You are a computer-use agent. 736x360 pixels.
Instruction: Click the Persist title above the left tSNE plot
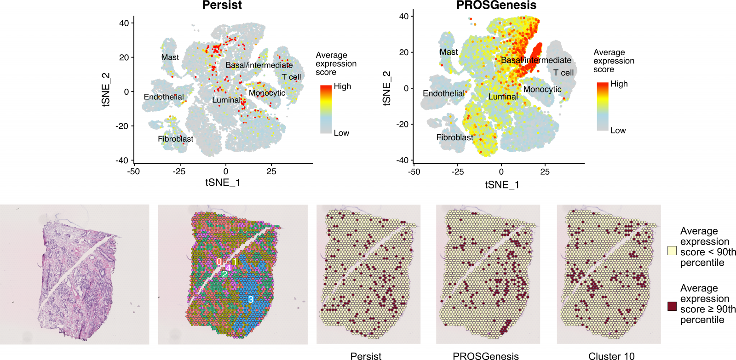pyautogui.click(x=222, y=6)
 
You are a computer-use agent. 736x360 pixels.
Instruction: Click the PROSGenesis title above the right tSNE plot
pyautogui.click(x=496, y=6)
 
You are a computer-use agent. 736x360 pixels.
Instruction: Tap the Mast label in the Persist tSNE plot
pyautogui.click(x=170, y=57)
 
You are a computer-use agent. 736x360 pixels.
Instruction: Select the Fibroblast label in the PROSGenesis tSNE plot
pyautogui.click(x=454, y=137)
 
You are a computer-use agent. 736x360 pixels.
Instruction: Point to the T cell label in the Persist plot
pyautogui.click(x=291, y=77)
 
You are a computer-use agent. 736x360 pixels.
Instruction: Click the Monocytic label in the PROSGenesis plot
pyautogui.click(x=542, y=89)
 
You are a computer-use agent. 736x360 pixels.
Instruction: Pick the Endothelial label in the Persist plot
pyautogui.click(x=164, y=97)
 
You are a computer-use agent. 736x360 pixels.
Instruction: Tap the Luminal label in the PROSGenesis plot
pyautogui.click(x=503, y=97)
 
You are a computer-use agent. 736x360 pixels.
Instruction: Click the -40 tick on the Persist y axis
pyautogui.click(x=122, y=160)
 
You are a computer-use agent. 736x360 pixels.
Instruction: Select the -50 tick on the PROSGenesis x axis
pyautogui.click(x=414, y=172)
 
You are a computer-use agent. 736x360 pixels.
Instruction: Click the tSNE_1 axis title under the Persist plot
pyautogui.click(x=223, y=183)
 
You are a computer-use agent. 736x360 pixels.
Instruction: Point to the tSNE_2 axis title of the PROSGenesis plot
pyautogui.click(x=386, y=88)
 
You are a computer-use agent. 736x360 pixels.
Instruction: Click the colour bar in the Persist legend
pyautogui.click(x=326, y=109)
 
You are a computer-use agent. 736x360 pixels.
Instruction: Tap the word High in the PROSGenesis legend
pyautogui.click(x=619, y=84)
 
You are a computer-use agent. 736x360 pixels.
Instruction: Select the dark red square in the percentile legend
pyautogui.click(x=672, y=306)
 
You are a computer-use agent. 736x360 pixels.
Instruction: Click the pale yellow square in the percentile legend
pyautogui.click(x=672, y=251)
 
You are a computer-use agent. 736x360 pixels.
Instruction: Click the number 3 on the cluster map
pyautogui.click(x=251, y=299)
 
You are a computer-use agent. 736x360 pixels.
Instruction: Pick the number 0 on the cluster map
pyautogui.click(x=219, y=262)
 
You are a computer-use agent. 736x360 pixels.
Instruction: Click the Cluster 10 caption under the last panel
pyautogui.click(x=611, y=356)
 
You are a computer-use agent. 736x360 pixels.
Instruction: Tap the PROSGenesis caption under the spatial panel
pyautogui.click(x=485, y=356)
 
